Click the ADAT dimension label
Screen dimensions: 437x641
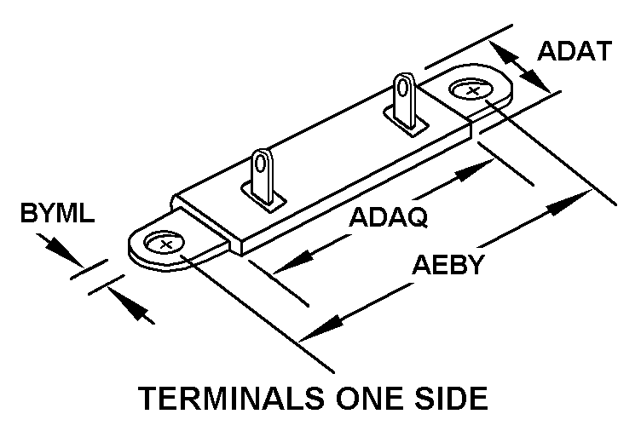point(574,52)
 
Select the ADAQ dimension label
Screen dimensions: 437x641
point(388,217)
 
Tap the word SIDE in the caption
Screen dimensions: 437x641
point(450,400)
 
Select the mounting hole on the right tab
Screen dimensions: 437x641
point(471,89)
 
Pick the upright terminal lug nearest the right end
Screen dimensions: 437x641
point(404,97)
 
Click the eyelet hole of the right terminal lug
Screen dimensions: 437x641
point(404,85)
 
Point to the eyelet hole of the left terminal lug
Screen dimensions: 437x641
point(263,161)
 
